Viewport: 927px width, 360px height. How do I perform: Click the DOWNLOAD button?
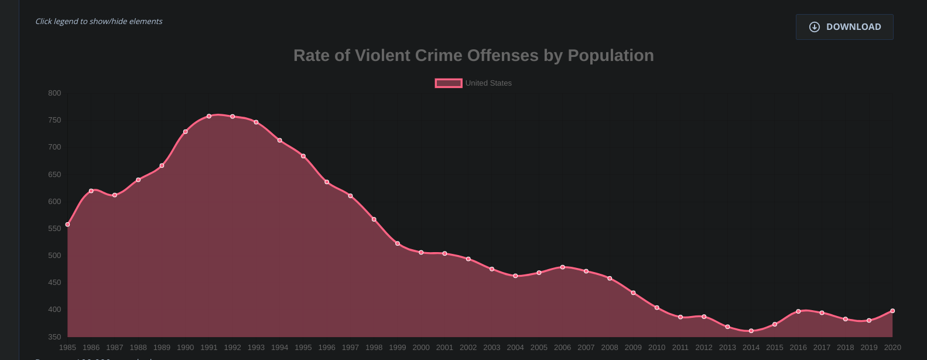coord(844,27)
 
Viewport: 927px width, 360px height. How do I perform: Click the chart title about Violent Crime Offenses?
coord(473,56)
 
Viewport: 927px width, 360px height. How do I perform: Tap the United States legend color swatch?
coord(449,83)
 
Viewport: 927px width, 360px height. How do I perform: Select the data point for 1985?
coord(68,225)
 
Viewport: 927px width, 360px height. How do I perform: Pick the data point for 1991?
coord(209,116)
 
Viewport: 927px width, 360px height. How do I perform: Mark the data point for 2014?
coord(751,331)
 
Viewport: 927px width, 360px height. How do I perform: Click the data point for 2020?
coord(892,311)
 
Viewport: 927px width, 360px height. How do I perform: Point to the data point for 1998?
coord(374,219)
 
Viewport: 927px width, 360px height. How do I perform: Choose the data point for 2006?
coord(563,267)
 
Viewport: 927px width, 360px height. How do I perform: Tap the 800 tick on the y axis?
coord(54,93)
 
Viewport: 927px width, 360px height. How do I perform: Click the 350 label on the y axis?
coord(54,337)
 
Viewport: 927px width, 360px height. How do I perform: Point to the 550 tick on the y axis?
coord(54,229)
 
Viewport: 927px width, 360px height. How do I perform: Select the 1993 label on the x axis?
coord(256,348)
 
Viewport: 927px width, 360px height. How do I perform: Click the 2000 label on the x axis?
coord(421,348)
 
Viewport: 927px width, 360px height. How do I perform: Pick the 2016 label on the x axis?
coord(798,348)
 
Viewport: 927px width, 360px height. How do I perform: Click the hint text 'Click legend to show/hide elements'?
coord(99,22)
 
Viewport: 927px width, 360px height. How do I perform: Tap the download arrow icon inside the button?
coord(814,27)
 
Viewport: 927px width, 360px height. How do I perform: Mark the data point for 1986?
coord(91,191)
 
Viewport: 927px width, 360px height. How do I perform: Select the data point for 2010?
coord(657,308)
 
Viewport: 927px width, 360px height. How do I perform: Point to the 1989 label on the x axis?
coord(162,348)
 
